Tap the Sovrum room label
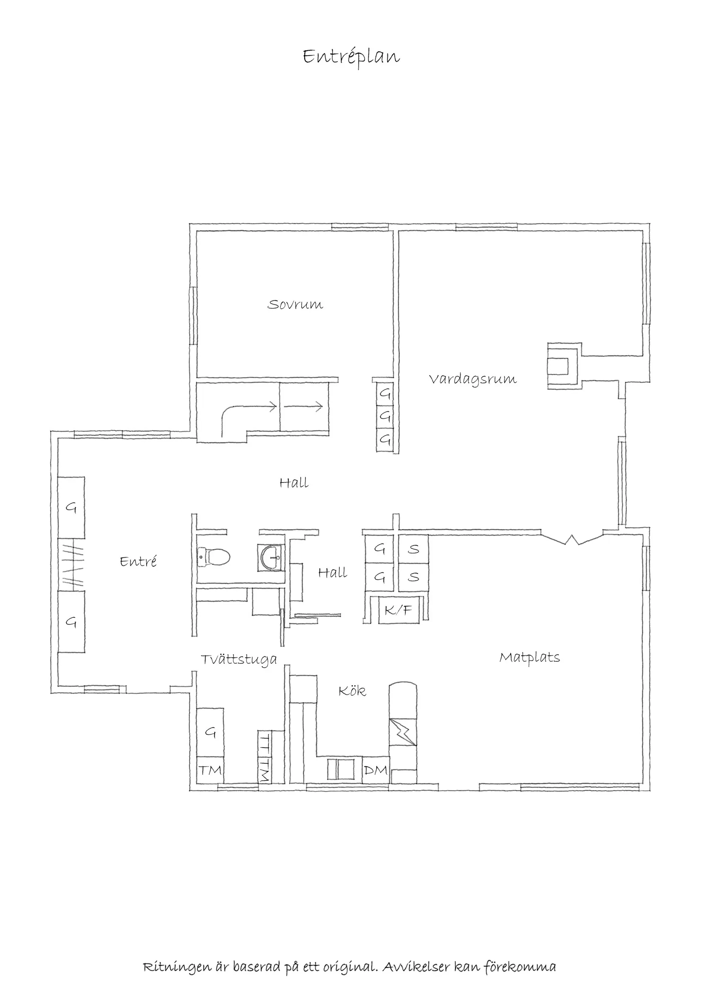coord(295,305)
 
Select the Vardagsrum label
coord(473,379)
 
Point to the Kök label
coord(352,691)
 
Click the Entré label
coord(138,562)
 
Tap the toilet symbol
coord(213,557)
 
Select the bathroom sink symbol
coord(271,557)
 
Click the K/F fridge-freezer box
coord(399,610)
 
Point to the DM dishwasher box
coord(376,771)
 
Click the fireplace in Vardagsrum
coord(563,366)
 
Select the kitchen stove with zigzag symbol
coord(403,732)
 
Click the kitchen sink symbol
coord(341,770)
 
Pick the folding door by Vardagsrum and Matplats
coord(571,539)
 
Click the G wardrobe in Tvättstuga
coord(210,732)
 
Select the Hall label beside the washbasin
coord(332,573)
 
